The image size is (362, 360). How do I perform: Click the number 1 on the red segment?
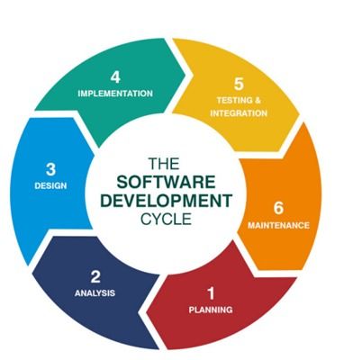(x=212, y=293)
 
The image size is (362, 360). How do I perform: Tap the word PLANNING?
(x=211, y=310)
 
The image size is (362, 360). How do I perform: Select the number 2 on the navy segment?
(x=95, y=276)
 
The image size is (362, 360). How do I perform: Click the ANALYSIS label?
(x=95, y=292)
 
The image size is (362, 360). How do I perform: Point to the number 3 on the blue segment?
(x=50, y=169)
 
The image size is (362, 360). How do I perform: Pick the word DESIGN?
(x=50, y=185)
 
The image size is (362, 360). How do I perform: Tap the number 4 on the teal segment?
(x=115, y=76)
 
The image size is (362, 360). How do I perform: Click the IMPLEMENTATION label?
(x=115, y=94)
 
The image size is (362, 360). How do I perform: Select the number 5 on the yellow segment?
(x=239, y=84)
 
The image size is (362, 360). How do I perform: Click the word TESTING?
(x=234, y=100)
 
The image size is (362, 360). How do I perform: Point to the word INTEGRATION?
(x=239, y=113)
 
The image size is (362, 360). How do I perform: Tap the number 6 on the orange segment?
(x=278, y=208)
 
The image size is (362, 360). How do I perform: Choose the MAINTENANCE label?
(x=278, y=225)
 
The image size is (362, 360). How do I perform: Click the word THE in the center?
(x=164, y=164)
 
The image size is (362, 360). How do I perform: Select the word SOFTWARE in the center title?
(x=166, y=182)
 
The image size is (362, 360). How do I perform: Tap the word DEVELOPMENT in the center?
(x=166, y=201)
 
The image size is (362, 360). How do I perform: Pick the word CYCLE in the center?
(x=166, y=219)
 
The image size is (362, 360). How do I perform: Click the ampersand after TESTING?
(x=257, y=100)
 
